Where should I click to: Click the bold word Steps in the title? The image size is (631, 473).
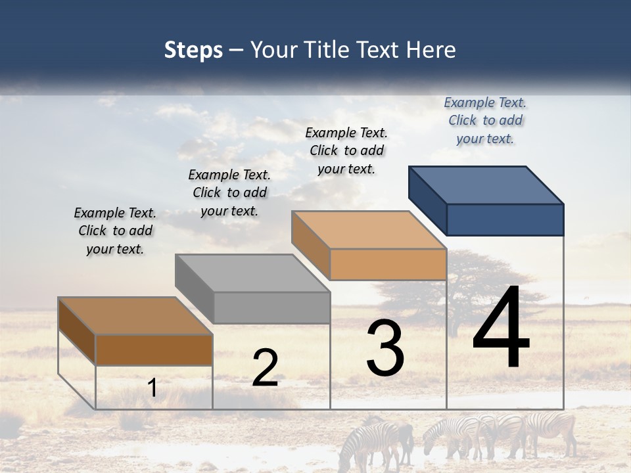pos(193,50)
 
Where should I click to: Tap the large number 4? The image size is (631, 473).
pos(501,328)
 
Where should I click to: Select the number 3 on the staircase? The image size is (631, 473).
pos(385,348)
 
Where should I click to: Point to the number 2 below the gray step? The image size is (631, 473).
pos(265,368)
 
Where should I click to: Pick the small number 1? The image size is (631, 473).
pos(152,388)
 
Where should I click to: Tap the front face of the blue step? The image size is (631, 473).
pos(505,219)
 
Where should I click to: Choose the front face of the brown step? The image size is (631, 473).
pos(154,349)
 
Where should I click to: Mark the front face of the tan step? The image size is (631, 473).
pos(388,264)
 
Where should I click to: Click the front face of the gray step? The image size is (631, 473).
pos(271,307)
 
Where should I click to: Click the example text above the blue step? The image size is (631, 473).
pos(485,120)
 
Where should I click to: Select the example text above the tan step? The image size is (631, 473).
pos(346,150)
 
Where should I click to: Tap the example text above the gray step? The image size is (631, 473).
pos(229,192)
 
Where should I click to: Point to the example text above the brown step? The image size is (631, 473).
pos(115,231)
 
